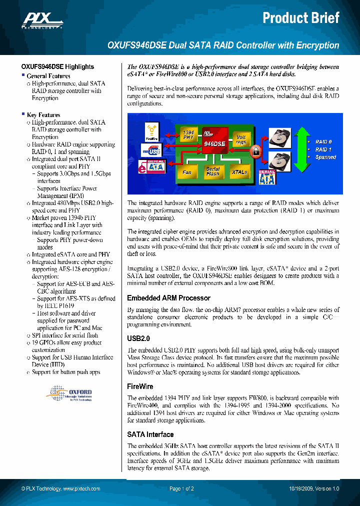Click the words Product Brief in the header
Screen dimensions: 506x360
pyautogui.click(x=301, y=18)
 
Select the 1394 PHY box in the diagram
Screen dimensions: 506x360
pyautogui.click(x=188, y=133)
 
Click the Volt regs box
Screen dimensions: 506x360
pyautogui.click(x=241, y=140)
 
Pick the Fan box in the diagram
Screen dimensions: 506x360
pyautogui.click(x=186, y=172)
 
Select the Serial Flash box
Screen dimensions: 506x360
pyautogui.click(x=212, y=172)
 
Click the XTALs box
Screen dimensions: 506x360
pyautogui.click(x=239, y=172)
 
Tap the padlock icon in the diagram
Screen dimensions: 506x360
pyautogui.click(x=254, y=151)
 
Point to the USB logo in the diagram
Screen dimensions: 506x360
pyautogui.click(x=153, y=150)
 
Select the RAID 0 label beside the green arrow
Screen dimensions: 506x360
pyautogui.click(x=323, y=142)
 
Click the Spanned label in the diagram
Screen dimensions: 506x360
pyautogui.click(x=325, y=157)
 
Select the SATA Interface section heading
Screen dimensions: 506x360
pyautogui.click(x=150, y=434)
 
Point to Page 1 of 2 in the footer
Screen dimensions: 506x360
pyautogui.click(x=181, y=488)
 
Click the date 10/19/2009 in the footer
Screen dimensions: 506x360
pyautogui.click(x=301, y=488)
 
